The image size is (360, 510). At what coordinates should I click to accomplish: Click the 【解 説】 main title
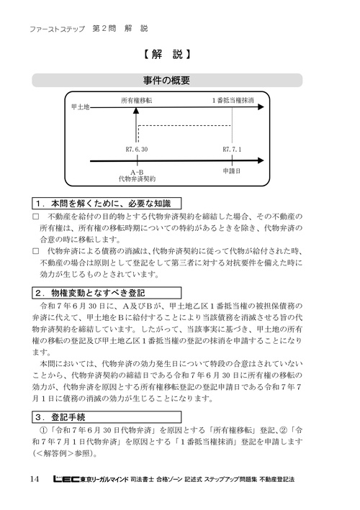pyautogui.click(x=166, y=54)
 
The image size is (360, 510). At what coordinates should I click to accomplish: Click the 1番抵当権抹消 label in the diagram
pyautogui.click(x=233, y=101)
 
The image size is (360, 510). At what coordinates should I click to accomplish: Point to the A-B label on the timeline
pyautogui.click(x=137, y=171)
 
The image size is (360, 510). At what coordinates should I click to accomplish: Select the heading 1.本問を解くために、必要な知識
pyautogui.click(x=106, y=204)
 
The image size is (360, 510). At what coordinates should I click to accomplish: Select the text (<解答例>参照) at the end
pyautogui.click(x=64, y=455)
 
